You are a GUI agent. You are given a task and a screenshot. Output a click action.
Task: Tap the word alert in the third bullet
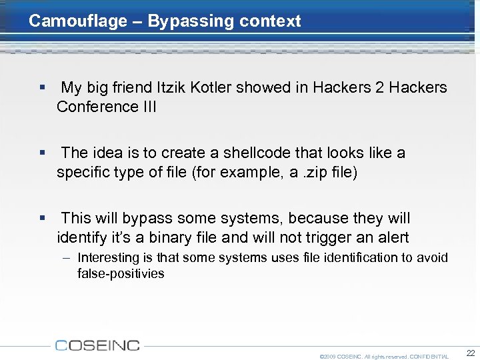coord(391,237)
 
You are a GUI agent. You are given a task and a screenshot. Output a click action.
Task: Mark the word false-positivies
coord(121,273)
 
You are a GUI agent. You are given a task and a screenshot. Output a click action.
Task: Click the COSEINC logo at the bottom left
coord(97,345)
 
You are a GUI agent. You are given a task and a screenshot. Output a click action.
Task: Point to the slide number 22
coord(471,353)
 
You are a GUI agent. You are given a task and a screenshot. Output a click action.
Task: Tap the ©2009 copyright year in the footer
coord(328,357)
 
